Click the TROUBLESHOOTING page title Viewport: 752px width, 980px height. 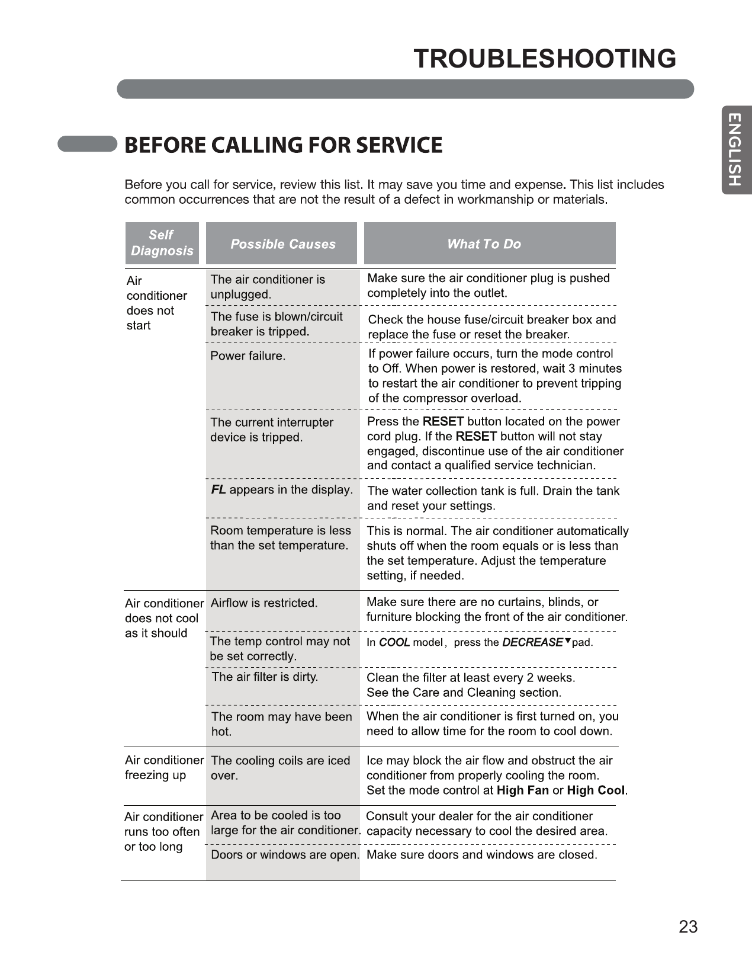click(545, 59)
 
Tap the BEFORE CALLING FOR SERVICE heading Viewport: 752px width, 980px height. click(283, 145)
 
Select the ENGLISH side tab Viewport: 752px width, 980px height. click(735, 150)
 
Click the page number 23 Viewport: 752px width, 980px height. click(688, 927)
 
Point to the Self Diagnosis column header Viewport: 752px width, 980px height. click(162, 243)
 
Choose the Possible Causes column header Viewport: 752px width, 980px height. click(282, 244)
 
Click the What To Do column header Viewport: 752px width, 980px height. click(484, 244)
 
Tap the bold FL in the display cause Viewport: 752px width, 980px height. click(218, 490)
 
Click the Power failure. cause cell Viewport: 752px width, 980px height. click(248, 356)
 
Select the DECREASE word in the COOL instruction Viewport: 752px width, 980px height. click(532, 643)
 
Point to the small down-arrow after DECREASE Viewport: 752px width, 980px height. click(568, 641)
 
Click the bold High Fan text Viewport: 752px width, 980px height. click(522, 790)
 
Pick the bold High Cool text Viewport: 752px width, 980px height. click(595, 790)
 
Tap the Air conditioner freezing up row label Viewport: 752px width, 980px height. click(164, 768)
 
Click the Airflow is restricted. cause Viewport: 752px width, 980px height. click(264, 603)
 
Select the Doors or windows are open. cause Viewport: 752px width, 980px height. click(285, 855)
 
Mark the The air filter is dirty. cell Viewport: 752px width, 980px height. click(265, 677)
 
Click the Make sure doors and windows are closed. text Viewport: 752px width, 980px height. click(481, 855)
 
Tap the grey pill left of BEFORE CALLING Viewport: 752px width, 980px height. click(88, 144)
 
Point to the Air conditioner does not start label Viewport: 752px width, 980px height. click(156, 303)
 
